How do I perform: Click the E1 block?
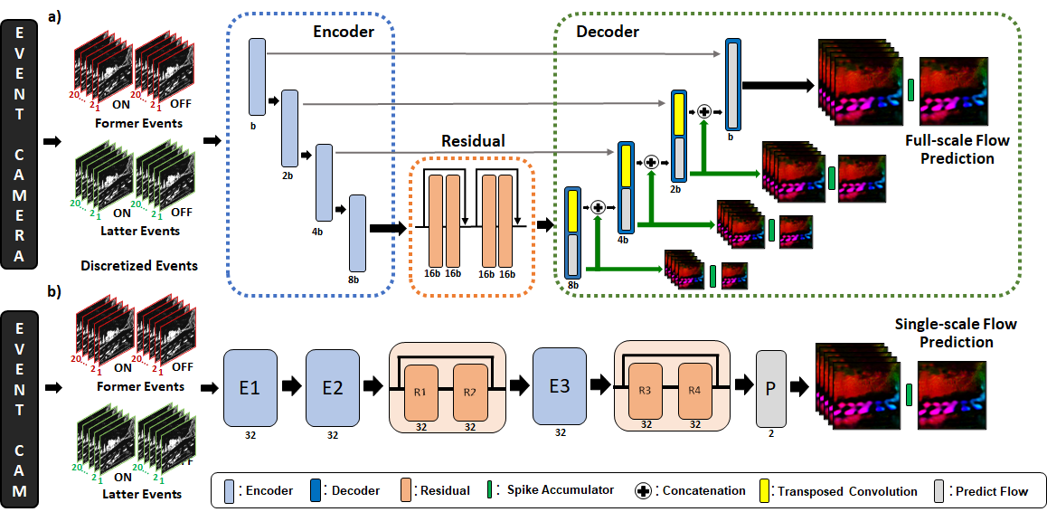250,387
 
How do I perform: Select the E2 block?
333,387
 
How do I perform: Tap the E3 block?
560,387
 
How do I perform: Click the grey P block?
770,387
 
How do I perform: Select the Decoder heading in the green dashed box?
608,33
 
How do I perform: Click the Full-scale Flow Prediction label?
957,149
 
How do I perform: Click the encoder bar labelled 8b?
357,232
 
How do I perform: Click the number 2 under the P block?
770,434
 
